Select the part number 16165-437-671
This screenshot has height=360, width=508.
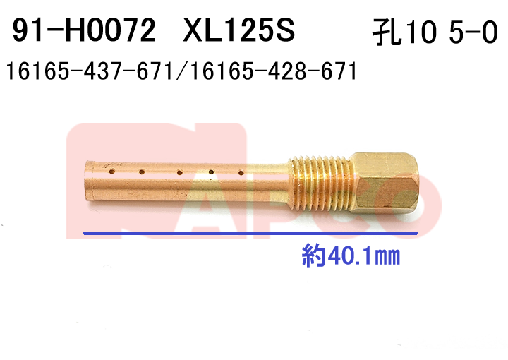tap(90, 71)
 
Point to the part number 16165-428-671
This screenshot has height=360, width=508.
tap(274, 71)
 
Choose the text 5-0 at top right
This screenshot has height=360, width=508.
tap(473, 32)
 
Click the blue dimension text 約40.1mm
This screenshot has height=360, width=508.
tap(351, 256)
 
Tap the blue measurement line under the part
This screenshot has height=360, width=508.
tap(250, 233)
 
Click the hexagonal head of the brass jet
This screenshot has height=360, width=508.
tap(385, 183)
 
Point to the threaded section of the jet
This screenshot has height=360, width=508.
tap(320, 182)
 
